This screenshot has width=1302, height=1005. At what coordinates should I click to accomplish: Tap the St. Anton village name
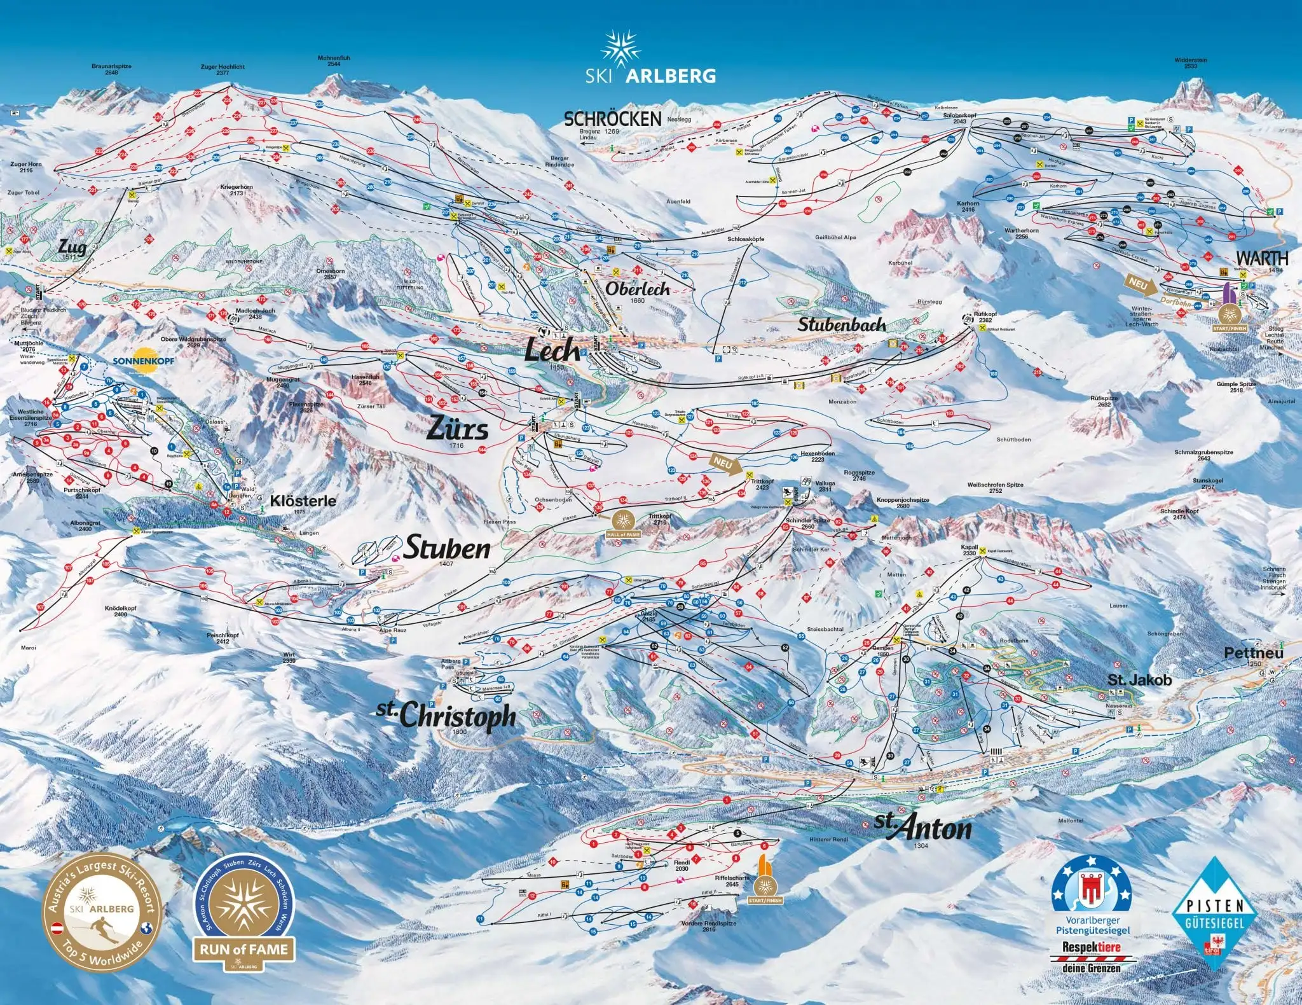[x=923, y=827]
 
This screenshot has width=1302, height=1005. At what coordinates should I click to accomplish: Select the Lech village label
[x=552, y=350]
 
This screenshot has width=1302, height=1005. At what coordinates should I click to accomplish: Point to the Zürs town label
[x=457, y=428]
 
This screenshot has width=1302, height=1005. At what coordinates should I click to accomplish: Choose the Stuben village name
[x=447, y=548]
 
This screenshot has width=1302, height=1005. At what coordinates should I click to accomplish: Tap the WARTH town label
[x=1262, y=258]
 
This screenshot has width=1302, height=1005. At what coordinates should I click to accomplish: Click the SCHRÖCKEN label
[x=613, y=119]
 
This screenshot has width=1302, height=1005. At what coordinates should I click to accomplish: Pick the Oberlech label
[x=637, y=289]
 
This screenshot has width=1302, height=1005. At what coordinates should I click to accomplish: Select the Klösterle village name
[x=303, y=501]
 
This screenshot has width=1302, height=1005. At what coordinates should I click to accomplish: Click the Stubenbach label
[x=842, y=324]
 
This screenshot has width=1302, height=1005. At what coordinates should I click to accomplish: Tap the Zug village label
[x=72, y=246]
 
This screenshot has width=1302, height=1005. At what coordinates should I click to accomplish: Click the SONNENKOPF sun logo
[x=143, y=357]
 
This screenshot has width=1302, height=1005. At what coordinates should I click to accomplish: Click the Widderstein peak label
[x=1190, y=63]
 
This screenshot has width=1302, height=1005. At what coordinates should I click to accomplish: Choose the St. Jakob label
[x=1139, y=680]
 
